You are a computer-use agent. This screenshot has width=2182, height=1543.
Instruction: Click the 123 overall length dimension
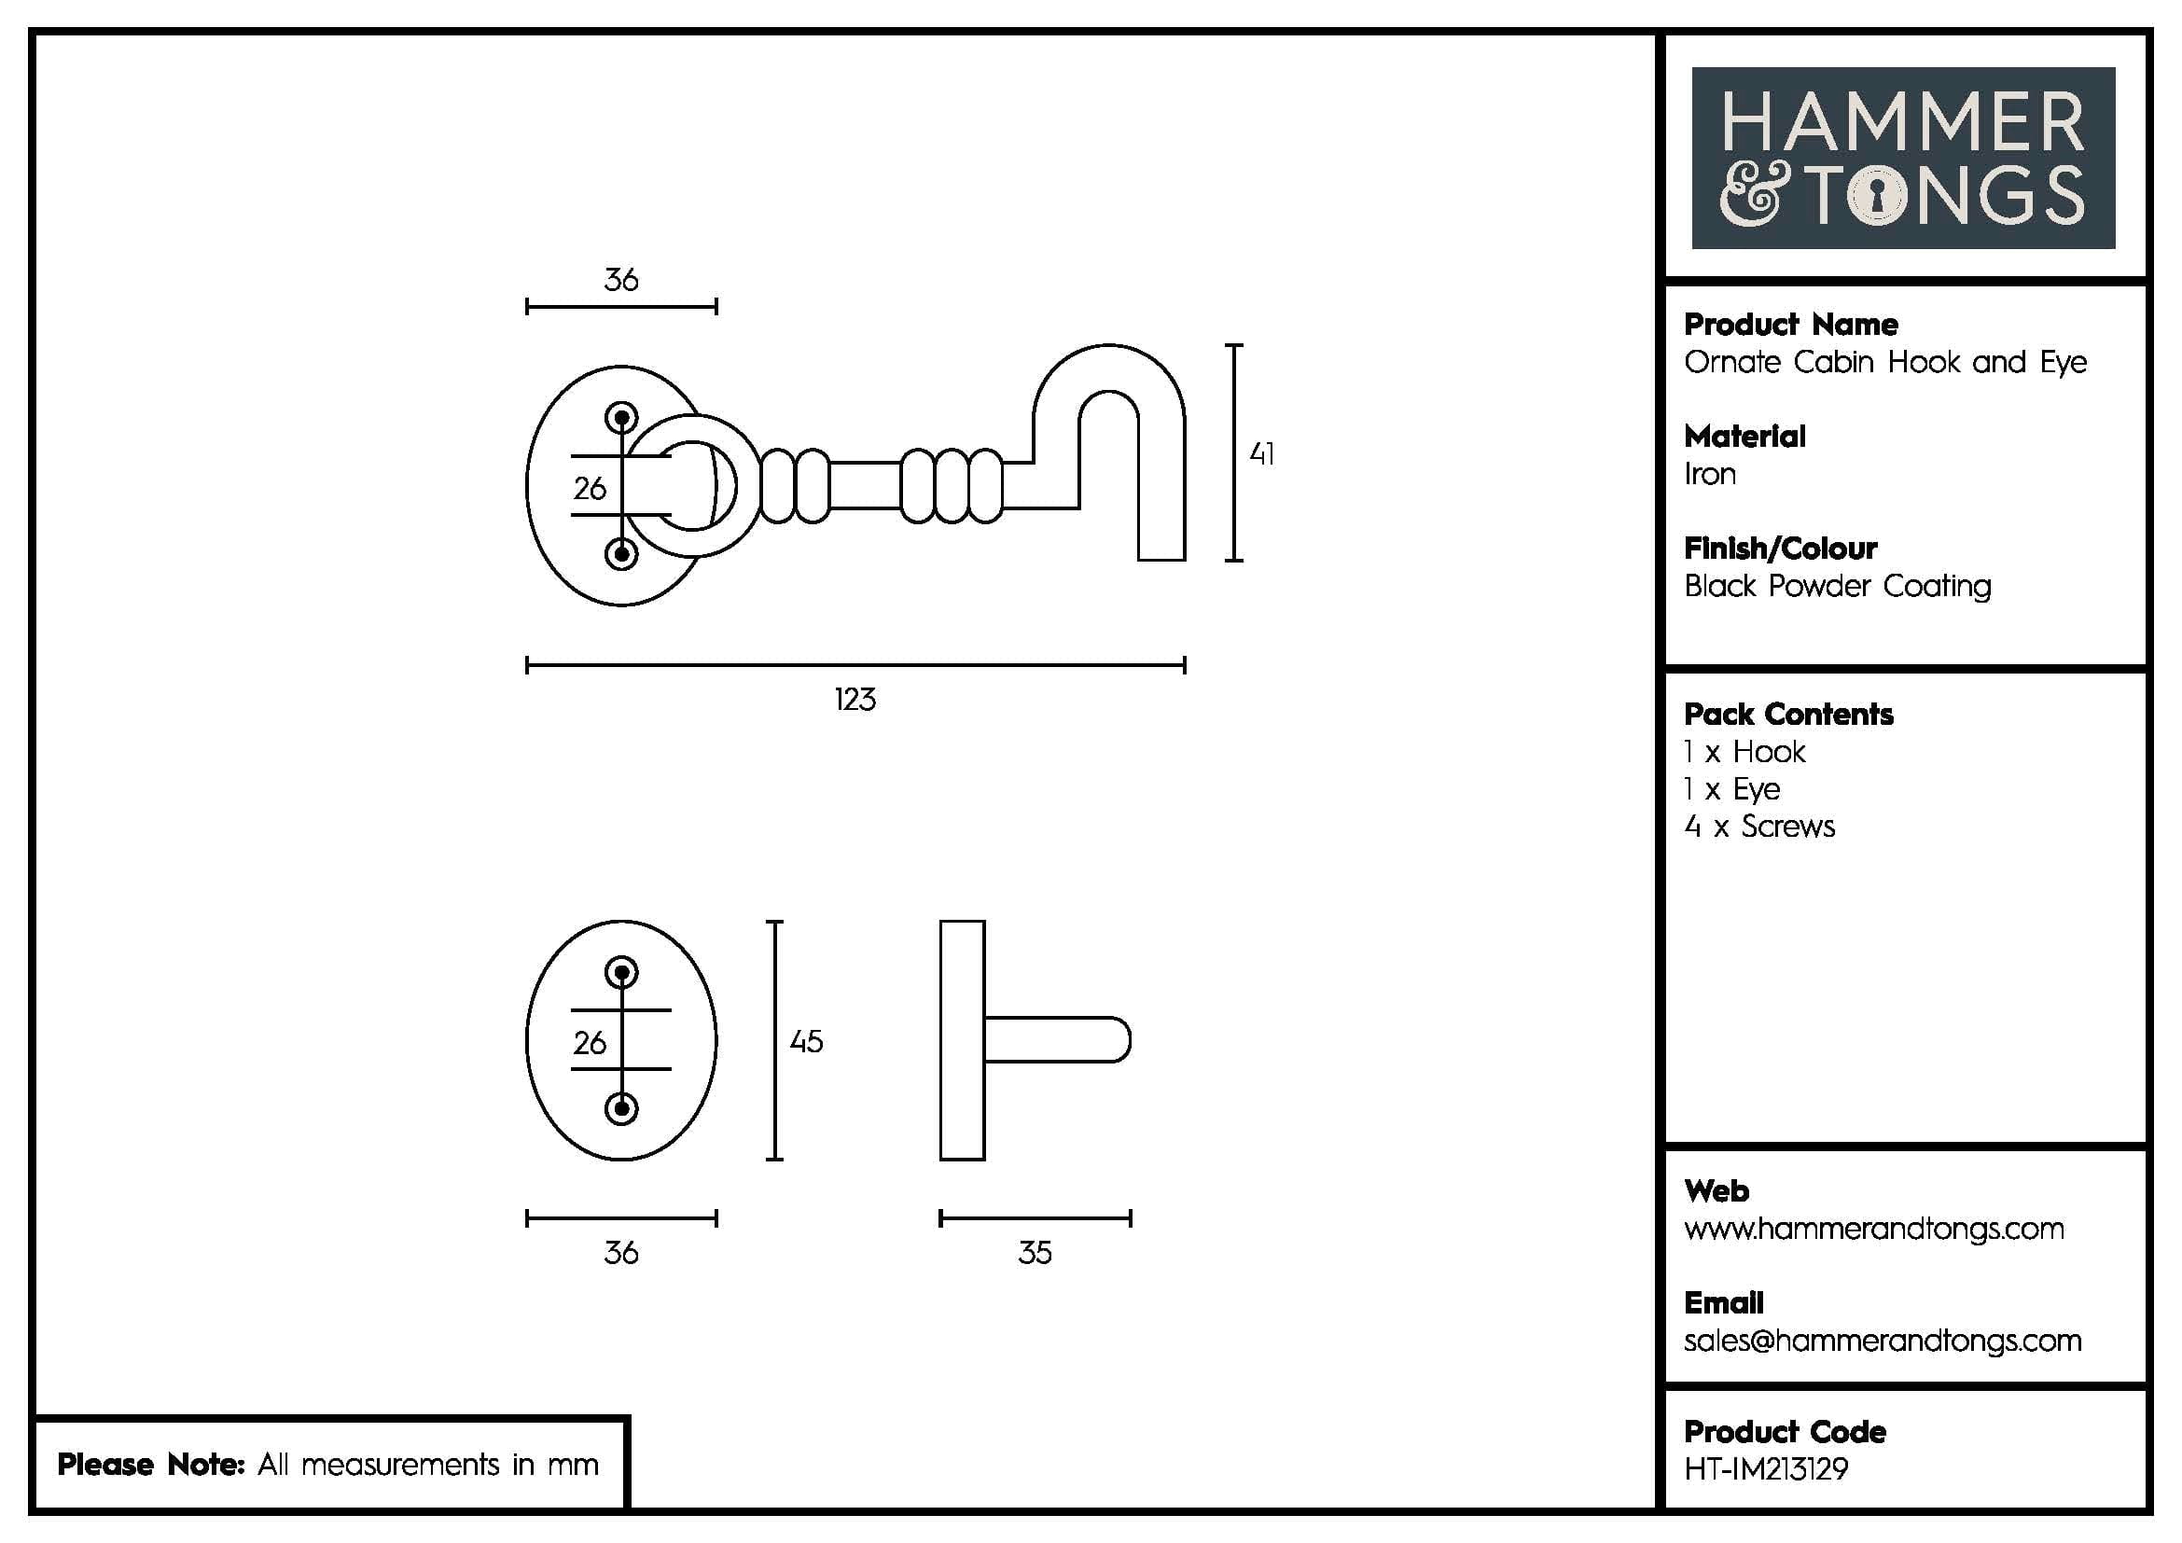pyautogui.click(x=855, y=701)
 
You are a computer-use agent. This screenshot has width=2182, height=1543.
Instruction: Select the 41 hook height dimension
pyautogui.click(x=1261, y=454)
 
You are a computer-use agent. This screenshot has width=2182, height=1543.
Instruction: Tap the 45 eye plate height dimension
pyautogui.click(x=806, y=1041)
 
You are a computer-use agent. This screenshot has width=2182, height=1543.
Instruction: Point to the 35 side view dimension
pyautogui.click(x=1035, y=1253)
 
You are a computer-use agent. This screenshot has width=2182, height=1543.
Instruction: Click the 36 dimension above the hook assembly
pyautogui.click(x=620, y=280)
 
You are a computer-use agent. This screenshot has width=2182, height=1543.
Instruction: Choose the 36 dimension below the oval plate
pyautogui.click(x=620, y=1253)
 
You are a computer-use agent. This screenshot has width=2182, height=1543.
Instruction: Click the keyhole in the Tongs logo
pyautogui.click(x=1878, y=197)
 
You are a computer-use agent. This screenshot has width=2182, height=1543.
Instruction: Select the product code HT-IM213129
pyautogui.click(x=1766, y=1470)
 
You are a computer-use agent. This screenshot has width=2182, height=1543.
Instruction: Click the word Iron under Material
pyautogui.click(x=1710, y=474)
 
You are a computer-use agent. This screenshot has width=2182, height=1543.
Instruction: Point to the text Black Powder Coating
pyautogui.click(x=1837, y=586)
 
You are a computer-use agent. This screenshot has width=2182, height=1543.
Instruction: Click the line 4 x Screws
pyautogui.click(x=1759, y=827)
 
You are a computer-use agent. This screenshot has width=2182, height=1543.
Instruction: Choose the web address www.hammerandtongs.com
pyautogui.click(x=1873, y=1229)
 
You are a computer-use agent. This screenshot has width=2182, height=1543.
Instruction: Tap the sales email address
pyautogui.click(x=1882, y=1341)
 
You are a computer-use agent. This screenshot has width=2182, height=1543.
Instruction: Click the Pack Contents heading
pyautogui.click(x=1787, y=715)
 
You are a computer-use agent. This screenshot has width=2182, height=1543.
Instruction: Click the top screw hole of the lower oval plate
pyautogui.click(x=621, y=973)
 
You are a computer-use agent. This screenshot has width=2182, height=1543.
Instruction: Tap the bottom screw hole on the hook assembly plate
pyautogui.click(x=621, y=554)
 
